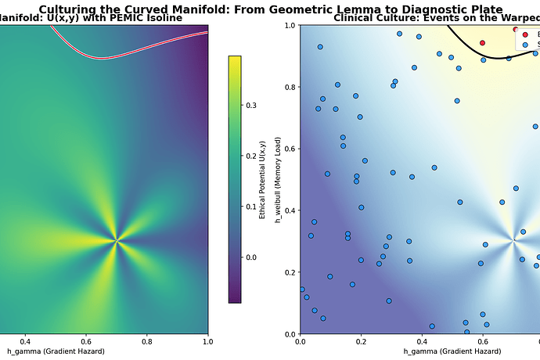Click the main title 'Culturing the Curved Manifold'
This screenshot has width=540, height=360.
pos(270,9)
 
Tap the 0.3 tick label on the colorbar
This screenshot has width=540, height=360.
pos(252,105)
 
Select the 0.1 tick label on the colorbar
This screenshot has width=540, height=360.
pos(252,207)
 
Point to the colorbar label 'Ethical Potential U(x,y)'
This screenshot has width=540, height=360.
pos(264,179)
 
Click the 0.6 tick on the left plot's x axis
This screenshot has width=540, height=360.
pos(86,342)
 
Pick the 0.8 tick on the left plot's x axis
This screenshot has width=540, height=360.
pos(147,342)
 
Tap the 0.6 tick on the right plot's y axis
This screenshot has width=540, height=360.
pos(290,149)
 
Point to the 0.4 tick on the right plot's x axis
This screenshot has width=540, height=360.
pos(422,342)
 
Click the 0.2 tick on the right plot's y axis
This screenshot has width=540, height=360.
pos(290,272)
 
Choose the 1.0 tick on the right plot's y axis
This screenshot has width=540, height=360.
pos(290,25)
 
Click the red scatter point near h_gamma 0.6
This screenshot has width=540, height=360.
pos(483,43)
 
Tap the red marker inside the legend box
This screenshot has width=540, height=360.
pos(525,34)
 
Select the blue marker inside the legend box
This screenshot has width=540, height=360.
pos(525,45)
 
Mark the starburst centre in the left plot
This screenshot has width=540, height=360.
pos(116,241)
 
